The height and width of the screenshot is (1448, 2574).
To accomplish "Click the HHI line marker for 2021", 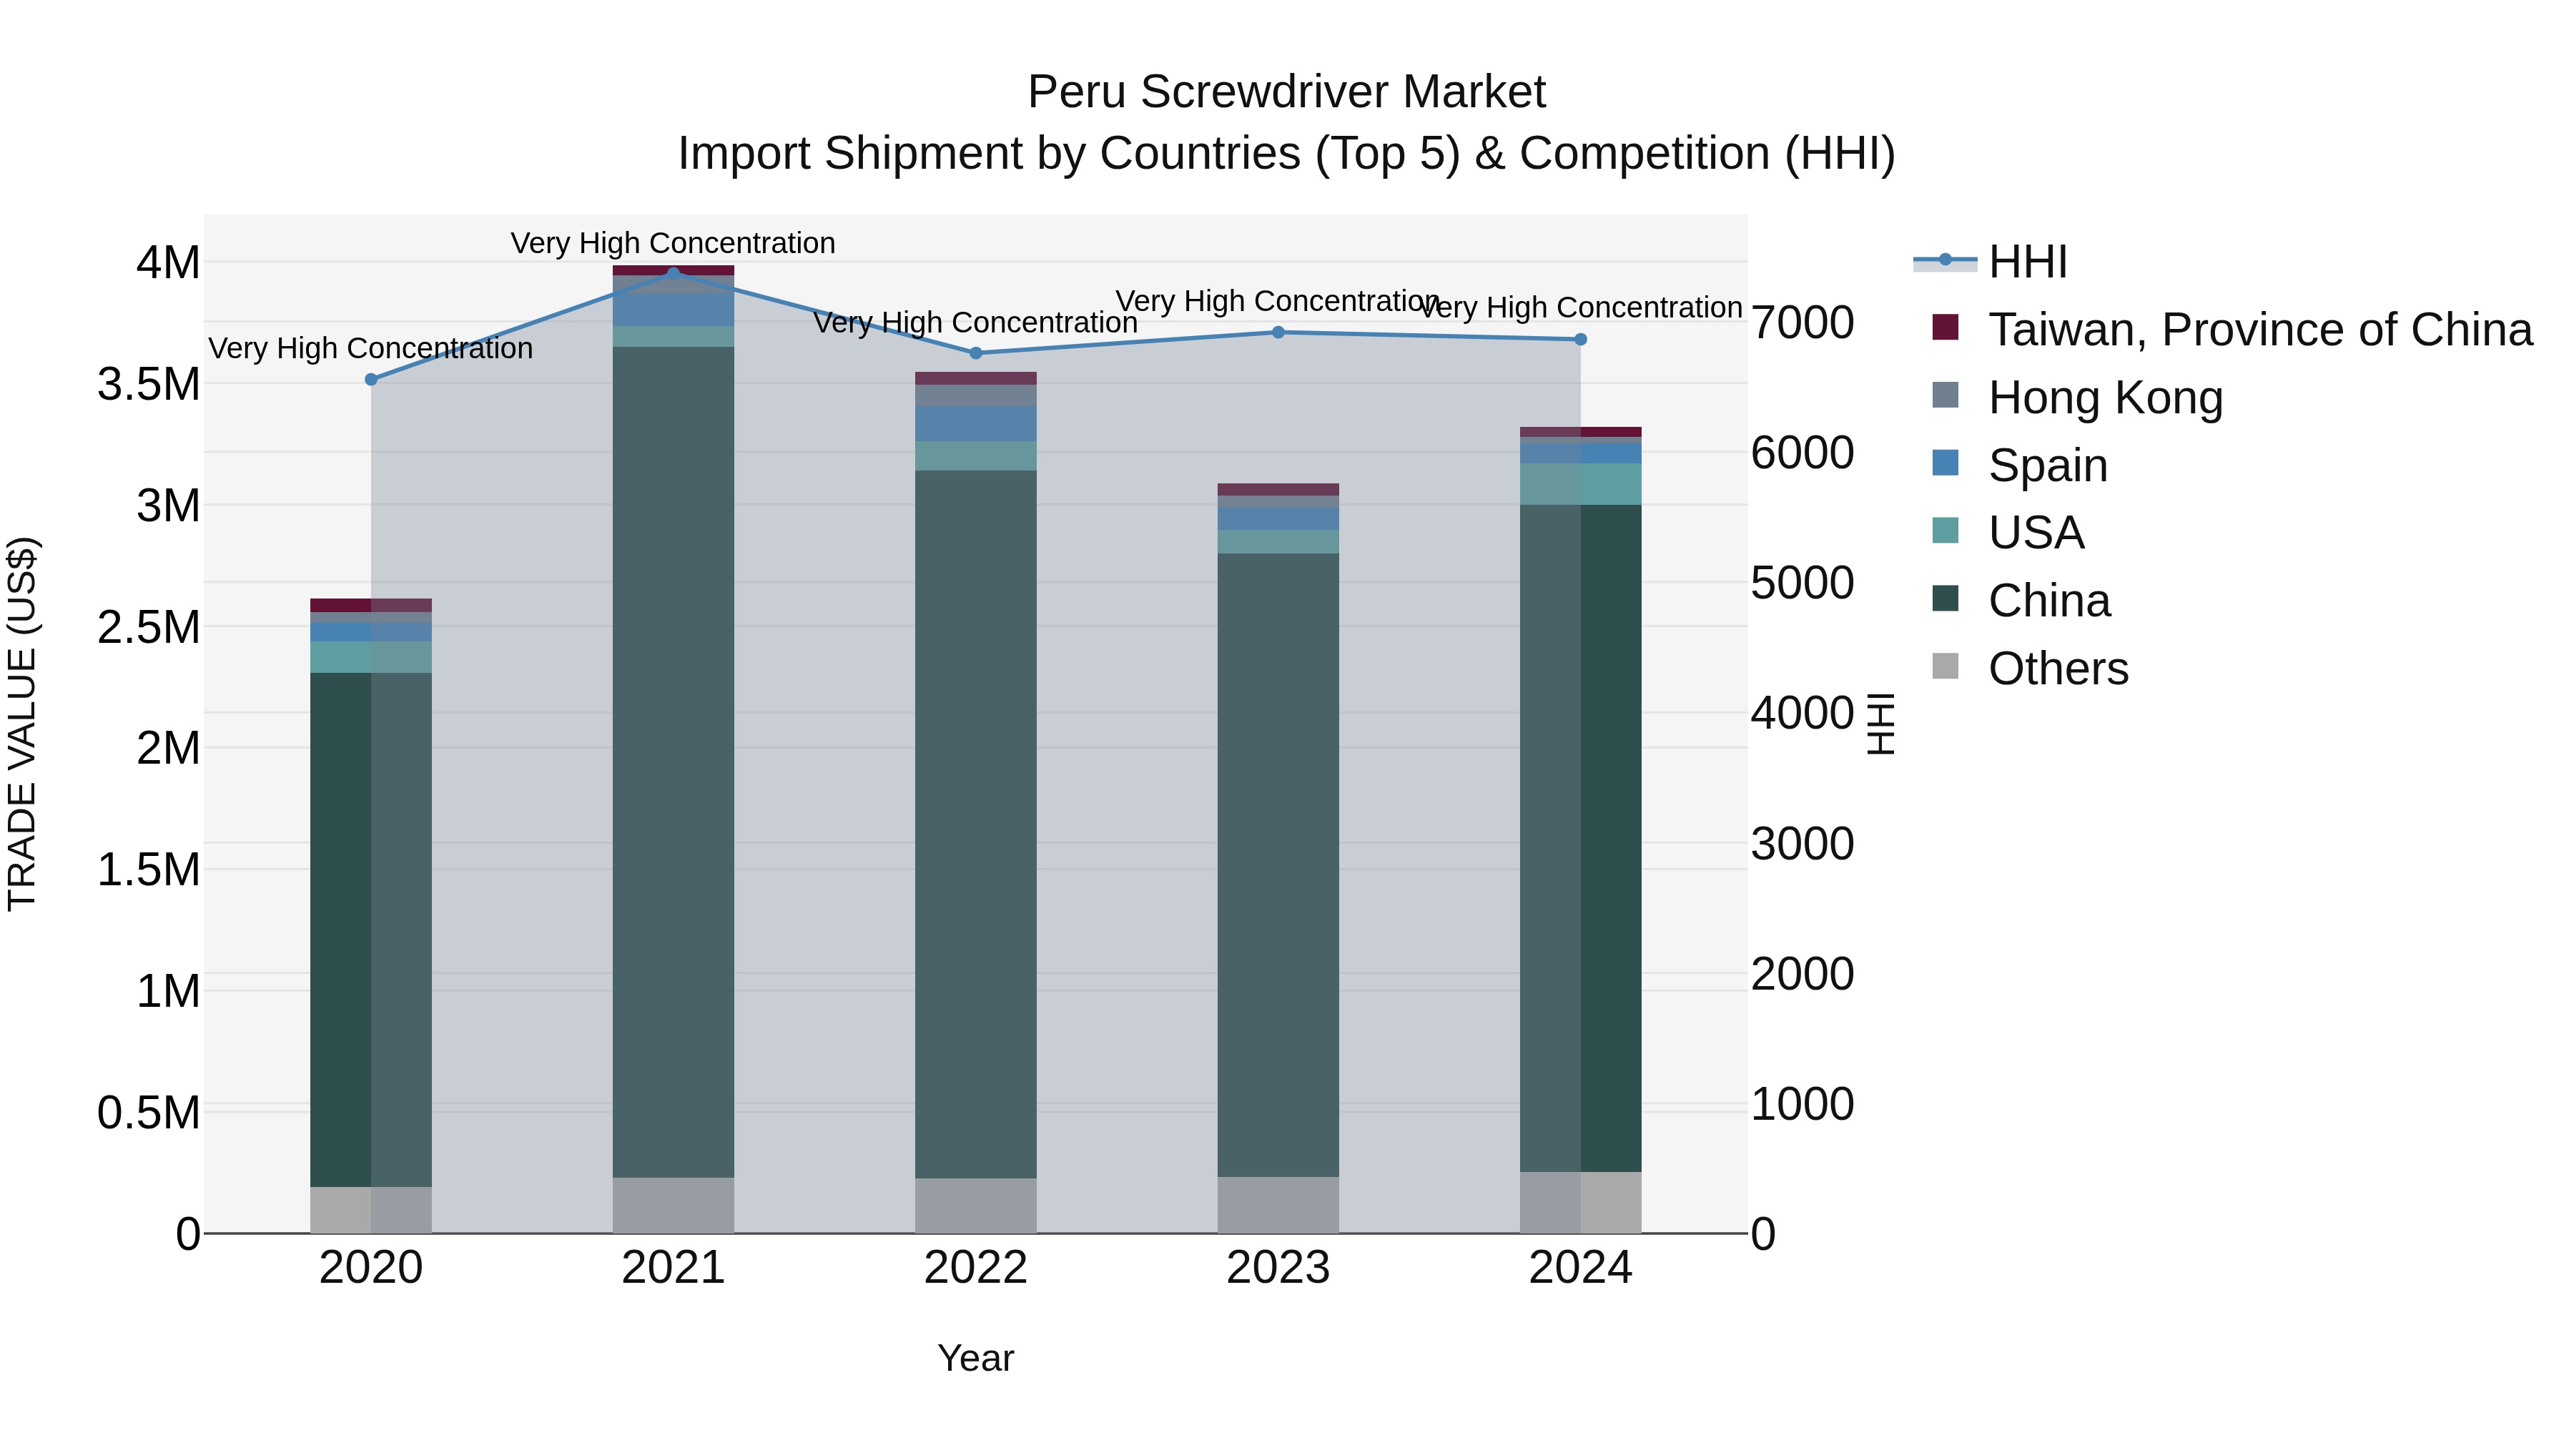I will [674, 273].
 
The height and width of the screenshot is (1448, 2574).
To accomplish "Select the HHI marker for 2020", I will [370, 380].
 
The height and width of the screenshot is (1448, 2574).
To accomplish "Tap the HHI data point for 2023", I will [1278, 333].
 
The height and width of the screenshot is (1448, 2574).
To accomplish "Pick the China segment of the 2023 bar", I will [1278, 865].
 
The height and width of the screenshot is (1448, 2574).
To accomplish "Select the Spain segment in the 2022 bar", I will [975, 424].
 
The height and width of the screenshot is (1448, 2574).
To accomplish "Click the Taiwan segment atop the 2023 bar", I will [1278, 490].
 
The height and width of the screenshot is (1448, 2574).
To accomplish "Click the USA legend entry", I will [2036, 533].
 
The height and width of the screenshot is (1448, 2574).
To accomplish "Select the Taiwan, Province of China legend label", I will [2259, 330].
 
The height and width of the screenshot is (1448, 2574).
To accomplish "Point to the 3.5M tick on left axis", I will [149, 385].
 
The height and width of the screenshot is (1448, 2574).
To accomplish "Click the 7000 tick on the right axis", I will [1803, 322].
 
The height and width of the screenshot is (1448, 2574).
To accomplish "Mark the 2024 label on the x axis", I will [1579, 1268].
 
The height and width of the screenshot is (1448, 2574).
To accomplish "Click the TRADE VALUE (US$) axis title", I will [22, 724].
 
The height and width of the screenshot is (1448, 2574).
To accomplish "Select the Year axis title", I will [975, 1358].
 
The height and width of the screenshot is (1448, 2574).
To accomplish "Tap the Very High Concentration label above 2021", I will [673, 243].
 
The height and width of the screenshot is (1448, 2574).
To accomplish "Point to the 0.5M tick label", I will [149, 1112].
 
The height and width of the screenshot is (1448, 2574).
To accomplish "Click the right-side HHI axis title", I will [1880, 724].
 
